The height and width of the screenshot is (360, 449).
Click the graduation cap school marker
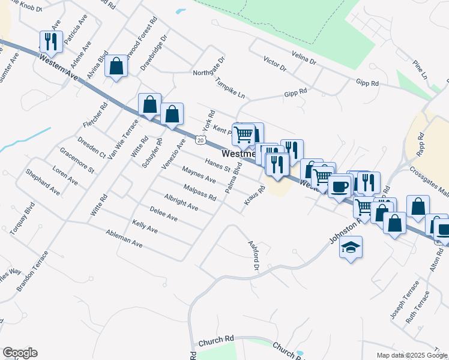[351, 247]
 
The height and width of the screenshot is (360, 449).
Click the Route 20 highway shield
[200, 140]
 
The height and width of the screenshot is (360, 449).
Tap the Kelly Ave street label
[145, 227]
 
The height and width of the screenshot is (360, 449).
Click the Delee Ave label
[163, 214]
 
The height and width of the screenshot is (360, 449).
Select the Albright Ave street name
[181, 202]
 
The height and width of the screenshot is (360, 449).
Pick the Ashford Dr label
[253, 255]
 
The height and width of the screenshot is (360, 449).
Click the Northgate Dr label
[208, 67]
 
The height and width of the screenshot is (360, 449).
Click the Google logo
[20, 353]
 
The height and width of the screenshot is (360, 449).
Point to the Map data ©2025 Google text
[412, 355]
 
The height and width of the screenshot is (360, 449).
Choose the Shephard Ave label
[43, 181]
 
